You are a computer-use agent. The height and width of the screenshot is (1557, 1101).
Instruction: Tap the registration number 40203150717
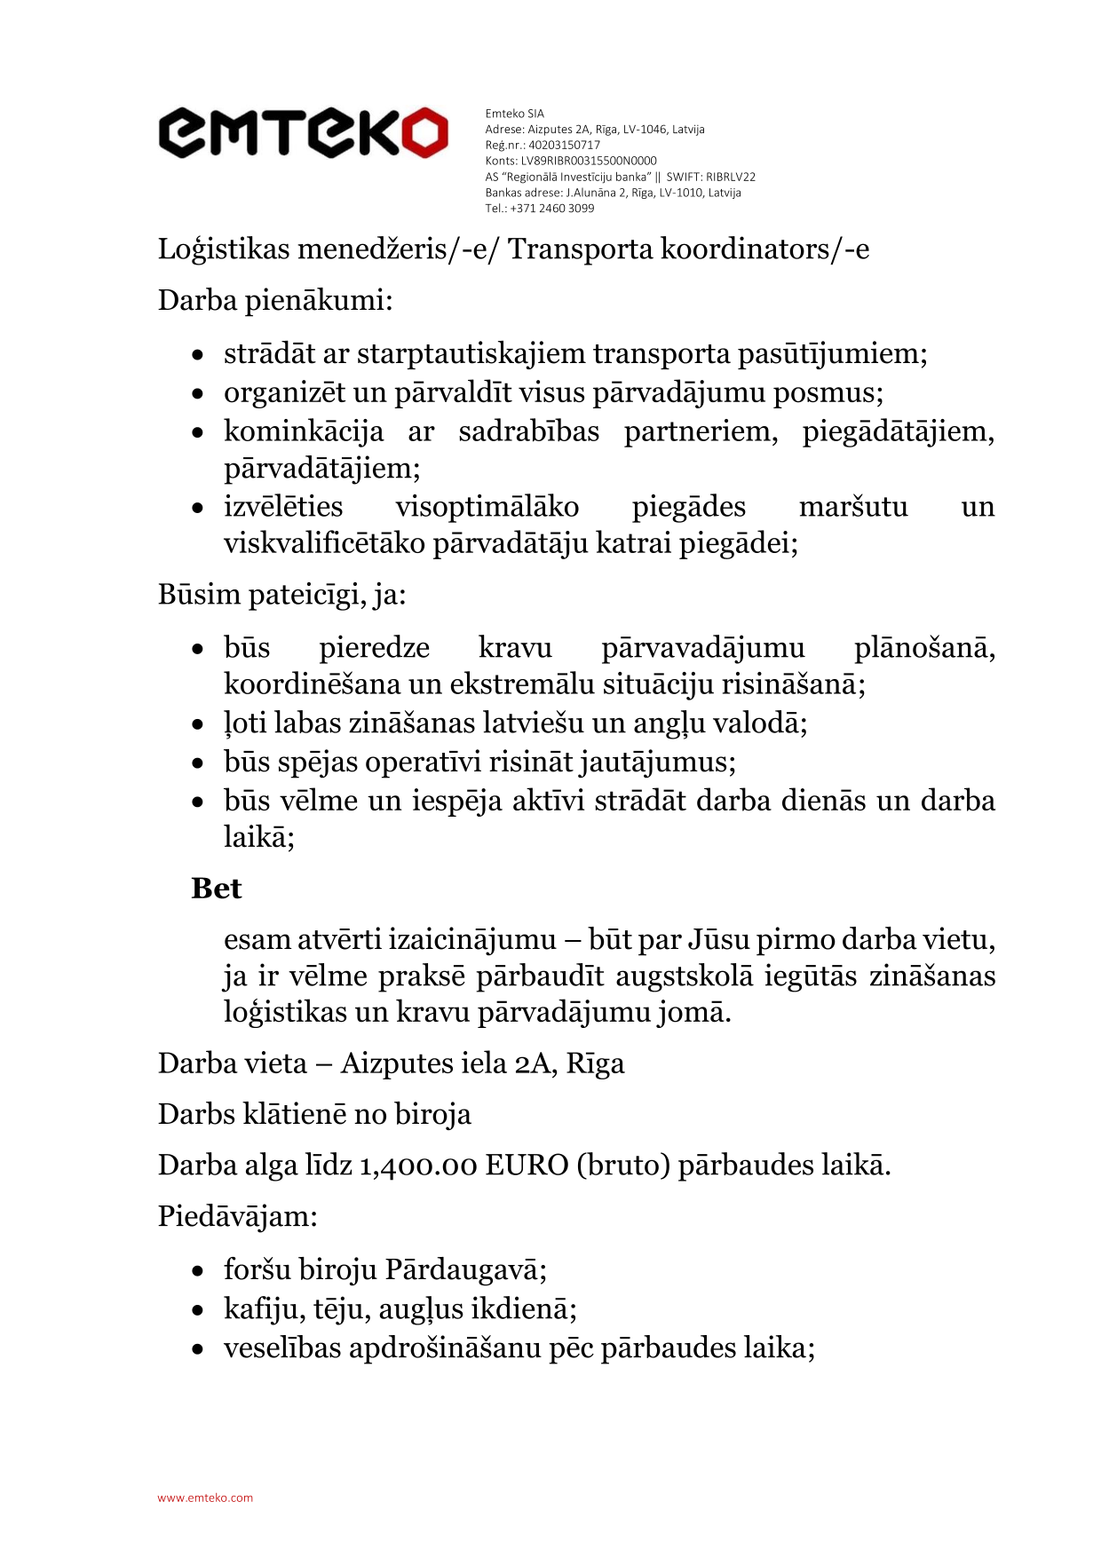pyautogui.click(x=564, y=145)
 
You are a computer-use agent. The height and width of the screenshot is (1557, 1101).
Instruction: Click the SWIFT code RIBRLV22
pyautogui.click(x=731, y=177)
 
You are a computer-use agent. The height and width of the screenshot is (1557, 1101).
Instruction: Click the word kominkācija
pyautogui.click(x=304, y=431)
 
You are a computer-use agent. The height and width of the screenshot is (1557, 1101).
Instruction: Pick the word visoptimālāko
pyautogui.click(x=487, y=507)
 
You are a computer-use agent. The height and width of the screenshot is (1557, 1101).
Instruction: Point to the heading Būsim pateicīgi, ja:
pyautogui.click(x=281, y=594)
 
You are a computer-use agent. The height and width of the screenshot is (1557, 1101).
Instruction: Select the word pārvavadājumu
pyautogui.click(x=702, y=648)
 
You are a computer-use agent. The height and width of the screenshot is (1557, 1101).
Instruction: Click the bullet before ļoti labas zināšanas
pyautogui.click(x=198, y=724)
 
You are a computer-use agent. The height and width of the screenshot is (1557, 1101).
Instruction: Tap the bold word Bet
pyautogui.click(x=216, y=889)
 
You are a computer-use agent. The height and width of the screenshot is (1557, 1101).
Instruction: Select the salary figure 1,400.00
pyautogui.click(x=417, y=1165)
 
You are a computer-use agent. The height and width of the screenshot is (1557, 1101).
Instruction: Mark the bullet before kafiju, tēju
pyautogui.click(x=198, y=1310)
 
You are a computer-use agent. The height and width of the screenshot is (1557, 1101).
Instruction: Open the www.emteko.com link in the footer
pyautogui.click(x=205, y=1498)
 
